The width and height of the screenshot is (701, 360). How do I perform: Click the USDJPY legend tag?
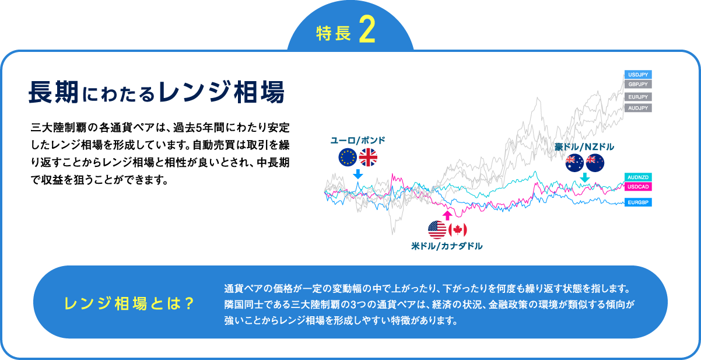(x=637, y=75)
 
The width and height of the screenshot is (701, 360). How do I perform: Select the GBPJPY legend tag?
(x=637, y=85)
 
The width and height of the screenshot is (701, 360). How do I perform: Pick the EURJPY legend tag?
(x=637, y=97)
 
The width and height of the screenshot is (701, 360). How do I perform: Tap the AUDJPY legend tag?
(x=637, y=108)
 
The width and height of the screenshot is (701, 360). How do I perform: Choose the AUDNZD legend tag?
(x=637, y=177)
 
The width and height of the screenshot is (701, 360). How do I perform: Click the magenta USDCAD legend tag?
(x=637, y=187)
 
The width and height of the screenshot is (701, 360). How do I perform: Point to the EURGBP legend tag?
(x=637, y=202)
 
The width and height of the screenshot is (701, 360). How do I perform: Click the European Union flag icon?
(x=348, y=158)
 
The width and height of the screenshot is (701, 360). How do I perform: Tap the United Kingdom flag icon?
(x=369, y=158)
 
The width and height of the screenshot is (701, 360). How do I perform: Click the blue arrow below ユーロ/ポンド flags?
(x=358, y=174)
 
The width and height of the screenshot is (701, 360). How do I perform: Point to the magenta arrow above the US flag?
(x=447, y=215)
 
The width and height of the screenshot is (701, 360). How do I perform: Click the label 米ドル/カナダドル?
(x=447, y=246)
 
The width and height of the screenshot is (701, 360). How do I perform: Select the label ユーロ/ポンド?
(x=358, y=141)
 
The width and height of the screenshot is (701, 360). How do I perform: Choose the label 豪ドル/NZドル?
(x=584, y=146)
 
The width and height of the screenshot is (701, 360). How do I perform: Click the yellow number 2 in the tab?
(x=366, y=33)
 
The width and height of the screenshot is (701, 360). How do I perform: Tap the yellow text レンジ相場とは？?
(x=129, y=304)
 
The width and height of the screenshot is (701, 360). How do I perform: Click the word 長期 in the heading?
(x=53, y=92)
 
